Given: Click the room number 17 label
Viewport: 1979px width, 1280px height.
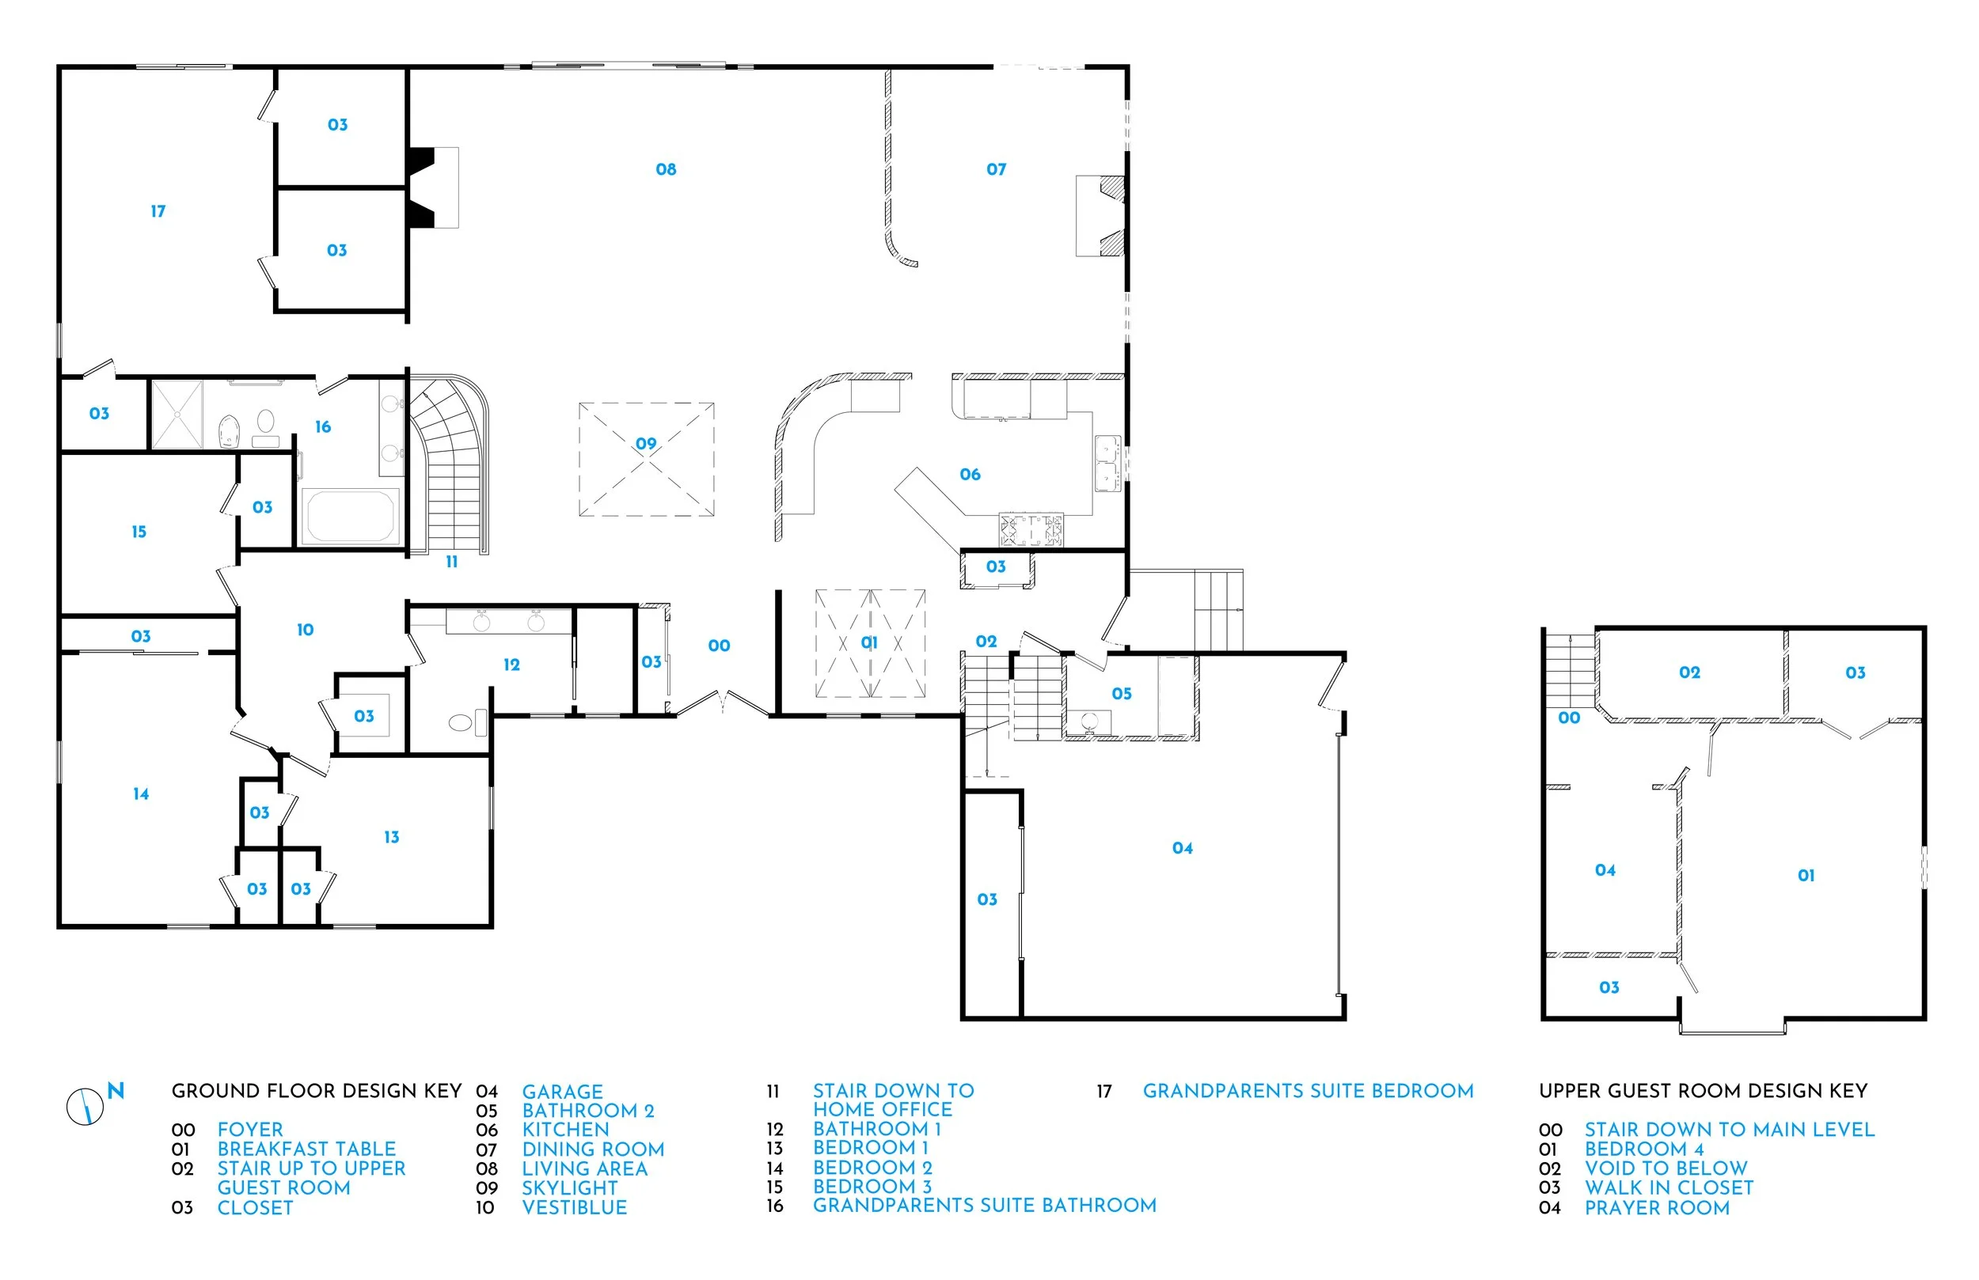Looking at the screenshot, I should [x=158, y=212].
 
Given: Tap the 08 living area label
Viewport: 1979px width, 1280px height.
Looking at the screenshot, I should [x=666, y=169].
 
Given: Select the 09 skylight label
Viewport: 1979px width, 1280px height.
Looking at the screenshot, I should [x=646, y=444].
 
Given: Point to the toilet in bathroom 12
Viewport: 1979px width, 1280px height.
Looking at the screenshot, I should [x=462, y=722].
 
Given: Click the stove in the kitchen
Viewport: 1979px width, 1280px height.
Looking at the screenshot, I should [x=1031, y=529].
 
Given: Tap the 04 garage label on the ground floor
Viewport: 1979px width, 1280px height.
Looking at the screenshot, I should [x=1183, y=848].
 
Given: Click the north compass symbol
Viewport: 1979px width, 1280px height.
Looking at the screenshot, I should [x=85, y=1106].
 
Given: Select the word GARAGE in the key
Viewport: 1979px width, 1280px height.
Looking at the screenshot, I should [x=562, y=1092].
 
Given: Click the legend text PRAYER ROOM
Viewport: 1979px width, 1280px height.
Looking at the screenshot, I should [x=1656, y=1208].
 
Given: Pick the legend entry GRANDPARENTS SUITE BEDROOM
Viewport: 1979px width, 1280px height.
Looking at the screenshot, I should [x=1307, y=1090].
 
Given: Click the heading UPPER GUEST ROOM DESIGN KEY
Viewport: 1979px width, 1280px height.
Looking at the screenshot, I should [x=1703, y=1090].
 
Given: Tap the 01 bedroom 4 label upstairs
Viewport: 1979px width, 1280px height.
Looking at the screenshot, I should [x=1806, y=875].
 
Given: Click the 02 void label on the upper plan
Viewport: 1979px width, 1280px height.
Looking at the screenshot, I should [x=1689, y=672].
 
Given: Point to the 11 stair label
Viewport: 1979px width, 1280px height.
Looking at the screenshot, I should [x=451, y=562].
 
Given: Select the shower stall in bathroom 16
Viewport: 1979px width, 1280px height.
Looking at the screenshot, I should [x=177, y=415].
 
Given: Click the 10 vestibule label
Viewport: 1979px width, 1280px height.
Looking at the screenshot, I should [x=306, y=630].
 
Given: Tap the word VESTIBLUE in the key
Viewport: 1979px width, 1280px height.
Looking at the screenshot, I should [x=574, y=1208].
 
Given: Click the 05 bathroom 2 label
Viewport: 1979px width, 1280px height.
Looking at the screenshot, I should [x=1122, y=693].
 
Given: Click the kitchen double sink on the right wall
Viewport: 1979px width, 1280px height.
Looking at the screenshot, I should [x=1107, y=463].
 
